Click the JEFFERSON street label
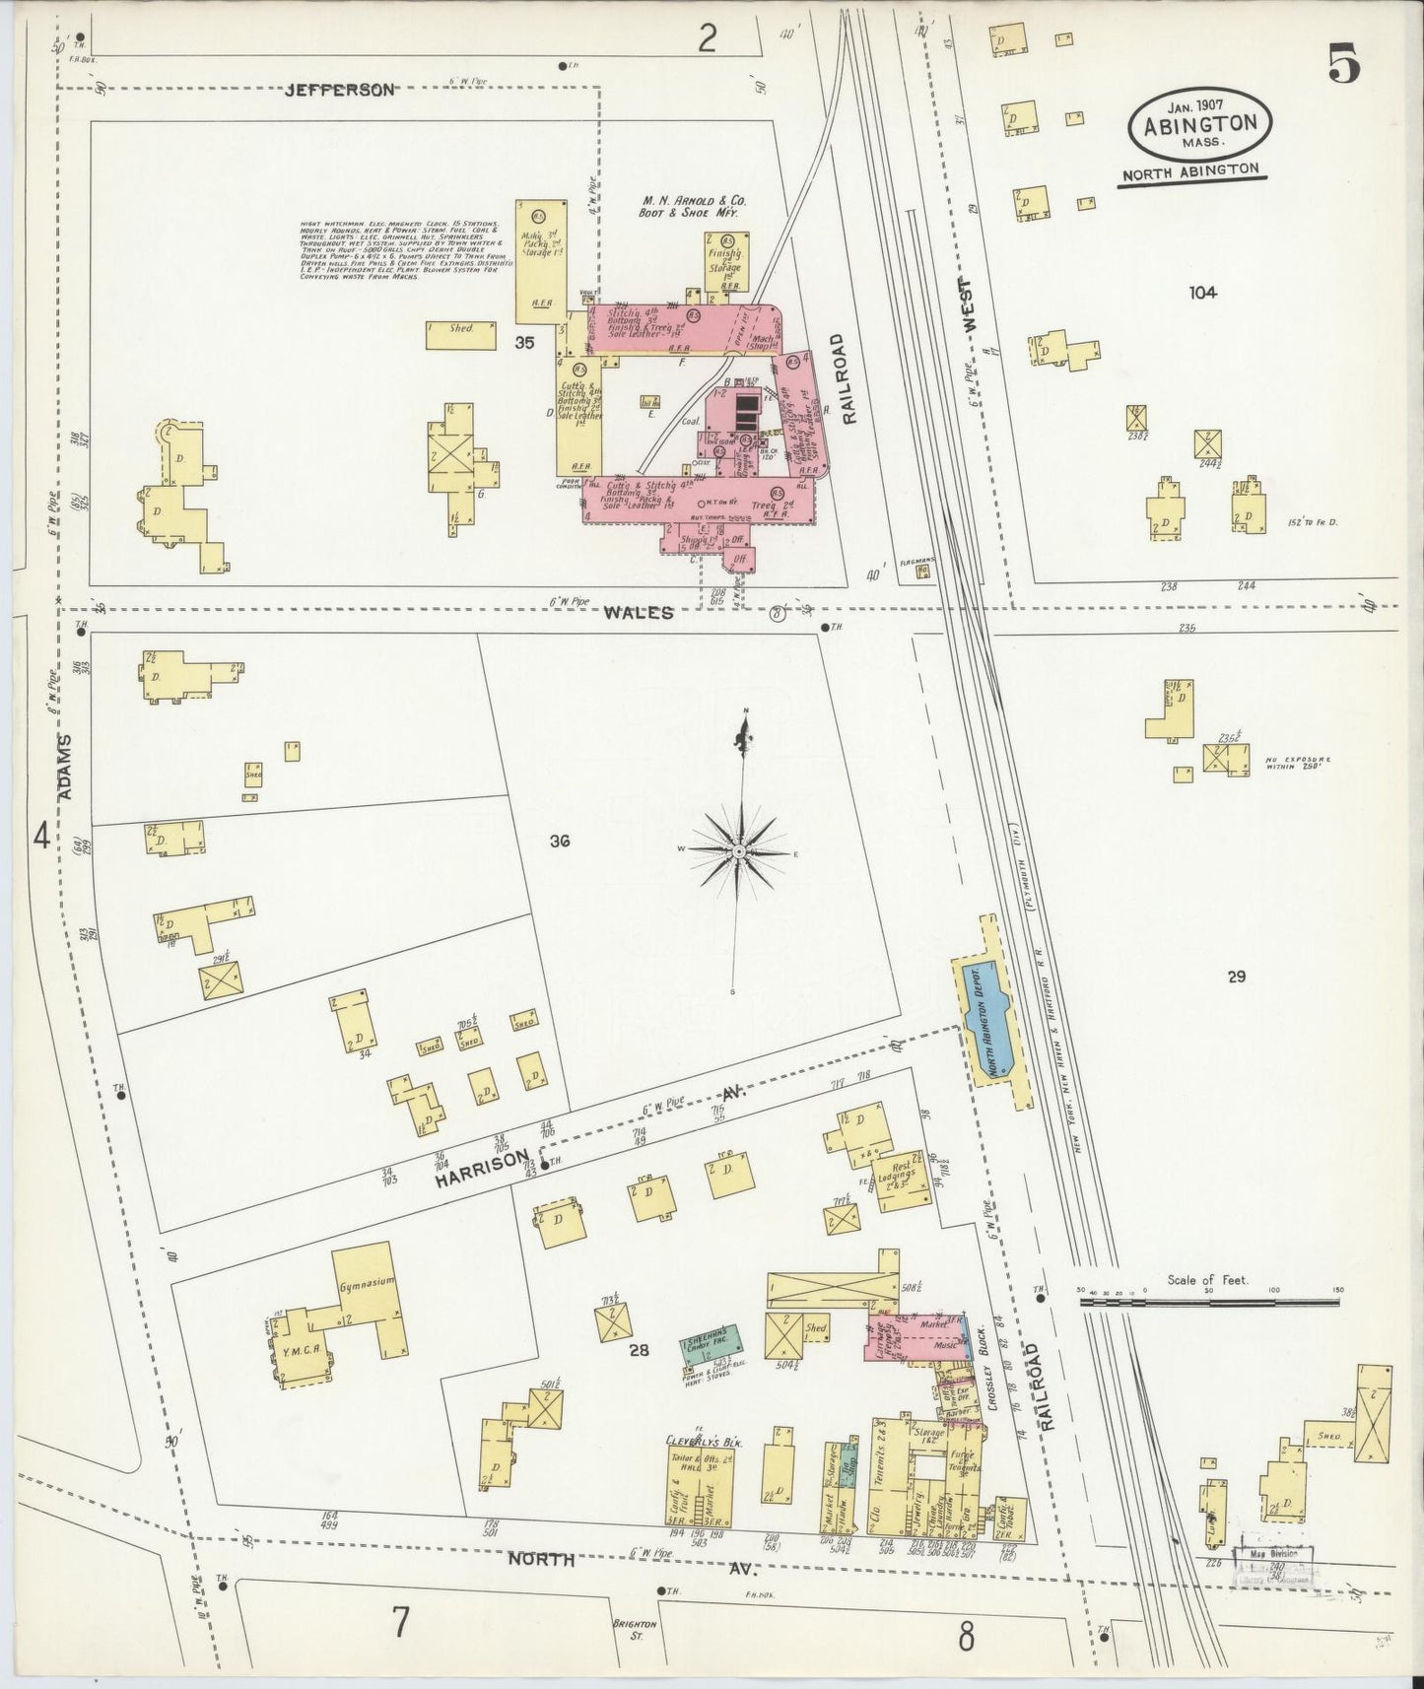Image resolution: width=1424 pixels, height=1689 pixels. pos(340,90)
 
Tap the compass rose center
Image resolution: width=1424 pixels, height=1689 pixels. pos(739,851)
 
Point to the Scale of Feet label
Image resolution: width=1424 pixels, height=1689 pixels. pos(1207,1280)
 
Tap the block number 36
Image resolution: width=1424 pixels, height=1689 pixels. pos(560,842)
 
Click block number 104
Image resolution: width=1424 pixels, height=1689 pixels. pos(1202,293)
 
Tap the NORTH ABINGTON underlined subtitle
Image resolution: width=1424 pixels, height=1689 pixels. pos(1192,169)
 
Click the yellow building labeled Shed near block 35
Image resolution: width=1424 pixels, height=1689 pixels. pos(461,335)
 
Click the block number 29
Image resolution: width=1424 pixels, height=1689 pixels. pos(1237,977)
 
